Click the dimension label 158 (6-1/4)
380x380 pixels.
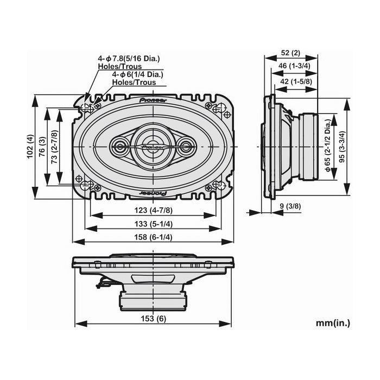(x=154, y=237)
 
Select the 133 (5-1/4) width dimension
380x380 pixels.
(x=154, y=224)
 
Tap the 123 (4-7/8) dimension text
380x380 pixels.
(x=154, y=210)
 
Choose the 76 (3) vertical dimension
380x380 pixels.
(x=42, y=147)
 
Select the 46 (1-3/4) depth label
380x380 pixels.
(x=293, y=66)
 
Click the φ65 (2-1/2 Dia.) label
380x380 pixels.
(x=328, y=147)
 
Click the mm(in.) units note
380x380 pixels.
(x=333, y=323)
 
